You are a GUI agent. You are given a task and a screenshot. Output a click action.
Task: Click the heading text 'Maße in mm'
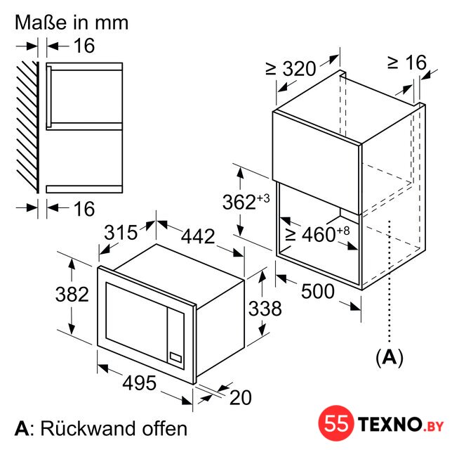click(72, 22)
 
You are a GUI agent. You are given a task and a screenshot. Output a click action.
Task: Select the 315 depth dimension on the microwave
click(121, 233)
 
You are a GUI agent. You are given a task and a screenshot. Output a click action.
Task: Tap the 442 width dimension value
click(198, 236)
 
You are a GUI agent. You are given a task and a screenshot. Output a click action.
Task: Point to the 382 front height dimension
click(72, 295)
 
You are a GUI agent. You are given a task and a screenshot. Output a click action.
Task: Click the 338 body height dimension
click(265, 308)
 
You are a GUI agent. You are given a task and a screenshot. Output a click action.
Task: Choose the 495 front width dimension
click(140, 383)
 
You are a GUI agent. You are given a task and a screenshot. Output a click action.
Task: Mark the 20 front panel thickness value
click(241, 398)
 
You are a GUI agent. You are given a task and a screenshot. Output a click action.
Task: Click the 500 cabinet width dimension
click(318, 291)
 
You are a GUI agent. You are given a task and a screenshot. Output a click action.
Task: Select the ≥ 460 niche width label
click(317, 234)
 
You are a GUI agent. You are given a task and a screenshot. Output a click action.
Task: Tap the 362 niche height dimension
click(246, 201)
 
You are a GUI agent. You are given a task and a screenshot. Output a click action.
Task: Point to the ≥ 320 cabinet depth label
click(291, 69)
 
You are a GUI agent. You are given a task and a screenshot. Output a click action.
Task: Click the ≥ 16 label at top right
click(407, 63)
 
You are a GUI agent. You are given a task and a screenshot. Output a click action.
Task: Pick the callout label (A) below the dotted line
click(390, 358)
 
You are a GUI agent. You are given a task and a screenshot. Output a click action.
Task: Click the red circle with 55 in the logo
click(336, 423)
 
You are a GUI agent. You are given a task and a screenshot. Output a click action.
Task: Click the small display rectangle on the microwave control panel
click(175, 357)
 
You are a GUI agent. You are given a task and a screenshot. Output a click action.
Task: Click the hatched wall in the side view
click(27, 127)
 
